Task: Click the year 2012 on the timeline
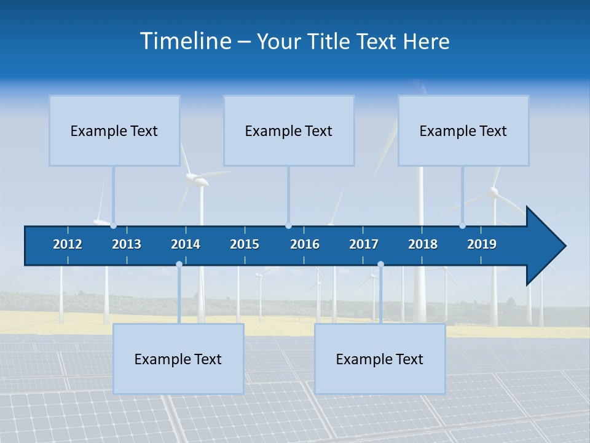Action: pyautogui.click(x=68, y=244)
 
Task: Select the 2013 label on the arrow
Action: pyautogui.click(x=127, y=244)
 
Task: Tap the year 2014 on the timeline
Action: pyautogui.click(x=186, y=244)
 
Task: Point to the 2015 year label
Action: pyautogui.click(x=245, y=244)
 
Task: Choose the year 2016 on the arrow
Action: pyautogui.click(x=305, y=244)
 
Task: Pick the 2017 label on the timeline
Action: pyautogui.click(x=364, y=244)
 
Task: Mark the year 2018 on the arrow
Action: pyautogui.click(x=423, y=244)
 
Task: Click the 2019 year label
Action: pyautogui.click(x=482, y=244)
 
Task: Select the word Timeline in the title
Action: pyautogui.click(x=185, y=41)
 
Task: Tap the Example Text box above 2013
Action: pyautogui.click(x=114, y=131)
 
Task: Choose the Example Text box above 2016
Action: pyautogui.click(x=289, y=131)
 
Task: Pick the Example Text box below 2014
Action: pyautogui.click(x=178, y=359)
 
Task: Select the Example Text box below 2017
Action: pyautogui.click(x=380, y=359)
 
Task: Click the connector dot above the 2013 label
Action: pyautogui.click(x=114, y=226)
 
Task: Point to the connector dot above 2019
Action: pyautogui.click(x=463, y=226)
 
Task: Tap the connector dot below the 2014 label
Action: pyautogui.click(x=179, y=265)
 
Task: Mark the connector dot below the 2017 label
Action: pyautogui.click(x=380, y=265)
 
